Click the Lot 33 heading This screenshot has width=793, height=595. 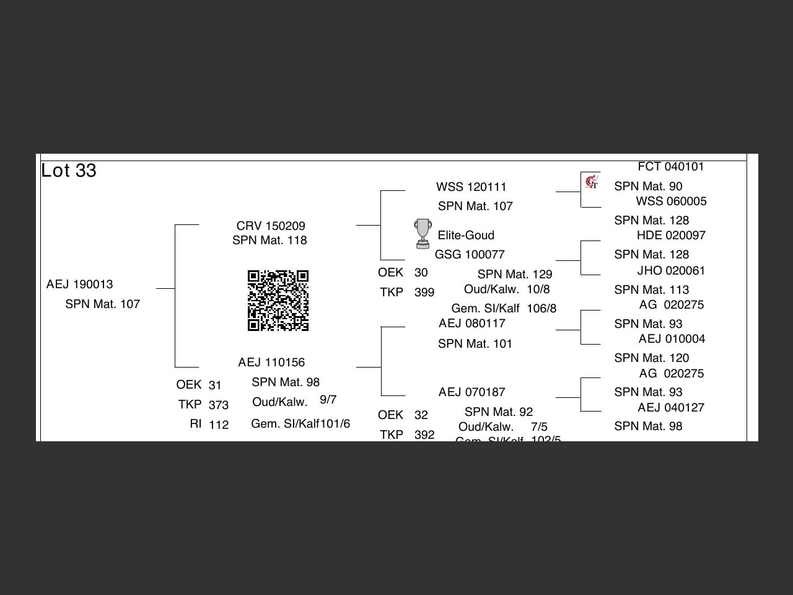click(x=69, y=170)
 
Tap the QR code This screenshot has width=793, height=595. click(x=278, y=301)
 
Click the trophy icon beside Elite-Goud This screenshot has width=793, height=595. click(x=423, y=234)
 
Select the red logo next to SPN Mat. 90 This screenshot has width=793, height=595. click(x=592, y=182)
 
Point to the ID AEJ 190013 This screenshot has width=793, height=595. click(x=79, y=284)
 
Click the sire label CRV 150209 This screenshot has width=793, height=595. click(x=271, y=226)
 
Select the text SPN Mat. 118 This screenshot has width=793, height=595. click(x=269, y=240)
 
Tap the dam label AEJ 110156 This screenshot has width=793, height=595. click(x=271, y=363)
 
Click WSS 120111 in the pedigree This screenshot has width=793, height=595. click(x=471, y=187)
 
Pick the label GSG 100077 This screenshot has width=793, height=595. click(x=470, y=255)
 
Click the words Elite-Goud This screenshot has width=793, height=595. click(x=466, y=236)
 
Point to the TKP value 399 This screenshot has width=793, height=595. click(x=424, y=293)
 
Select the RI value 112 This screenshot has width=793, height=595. click(x=219, y=425)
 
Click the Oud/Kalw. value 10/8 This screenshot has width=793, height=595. click(x=538, y=289)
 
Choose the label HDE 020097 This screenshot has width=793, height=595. click(x=671, y=236)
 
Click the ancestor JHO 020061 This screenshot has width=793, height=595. click(x=671, y=271)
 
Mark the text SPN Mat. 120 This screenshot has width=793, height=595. click(x=651, y=358)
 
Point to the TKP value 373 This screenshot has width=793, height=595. click(x=219, y=405)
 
